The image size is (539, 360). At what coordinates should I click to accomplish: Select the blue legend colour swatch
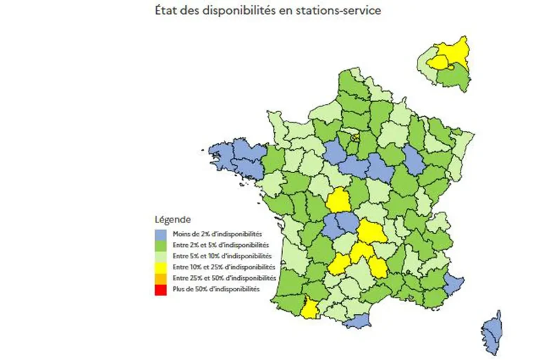point(161,234)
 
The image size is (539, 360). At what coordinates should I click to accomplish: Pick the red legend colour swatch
point(161,289)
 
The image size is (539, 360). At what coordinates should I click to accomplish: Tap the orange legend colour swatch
point(161,278)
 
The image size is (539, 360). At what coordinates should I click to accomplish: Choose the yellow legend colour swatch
point(161,267)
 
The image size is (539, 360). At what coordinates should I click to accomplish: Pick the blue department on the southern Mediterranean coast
point(357,321)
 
